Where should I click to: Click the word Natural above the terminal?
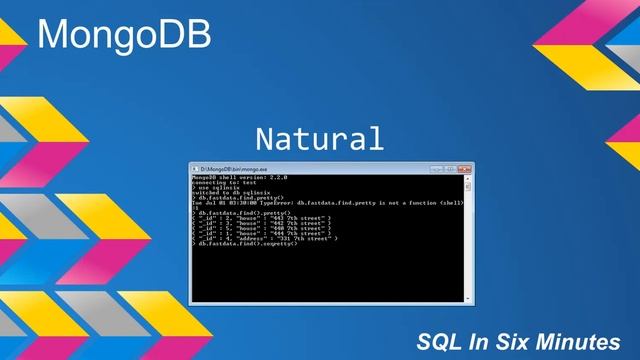(x=319, y=138)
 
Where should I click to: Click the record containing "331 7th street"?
(x=266, y=239)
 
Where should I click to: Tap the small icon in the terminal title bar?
(x=195, y=167)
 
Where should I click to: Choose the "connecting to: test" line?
(x=220, y=182)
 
